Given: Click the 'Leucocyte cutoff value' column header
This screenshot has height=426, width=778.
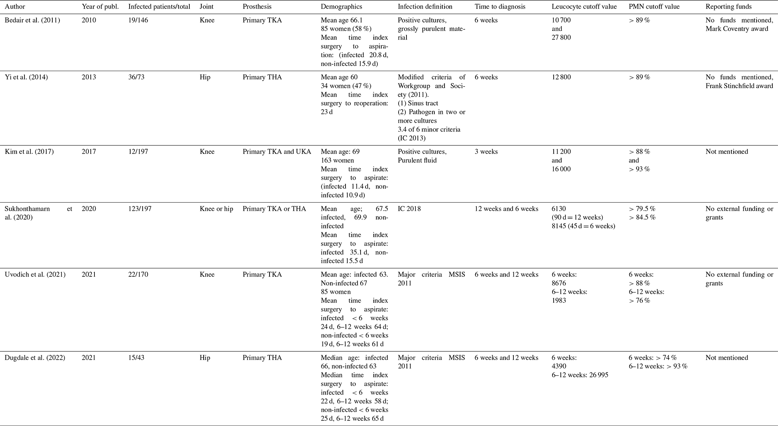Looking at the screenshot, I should click(584, 7).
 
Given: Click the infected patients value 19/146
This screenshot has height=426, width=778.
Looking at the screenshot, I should click(138, 20).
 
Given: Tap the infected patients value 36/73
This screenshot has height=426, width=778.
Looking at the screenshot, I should click(136, 77).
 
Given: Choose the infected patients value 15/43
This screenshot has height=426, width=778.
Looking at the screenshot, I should click(136, 358).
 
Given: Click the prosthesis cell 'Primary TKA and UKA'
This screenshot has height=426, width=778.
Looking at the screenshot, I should click(277, 152).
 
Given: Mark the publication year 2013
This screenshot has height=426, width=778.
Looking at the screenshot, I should click(89, 77).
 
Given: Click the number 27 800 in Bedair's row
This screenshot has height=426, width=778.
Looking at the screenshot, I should click(561, 38).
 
